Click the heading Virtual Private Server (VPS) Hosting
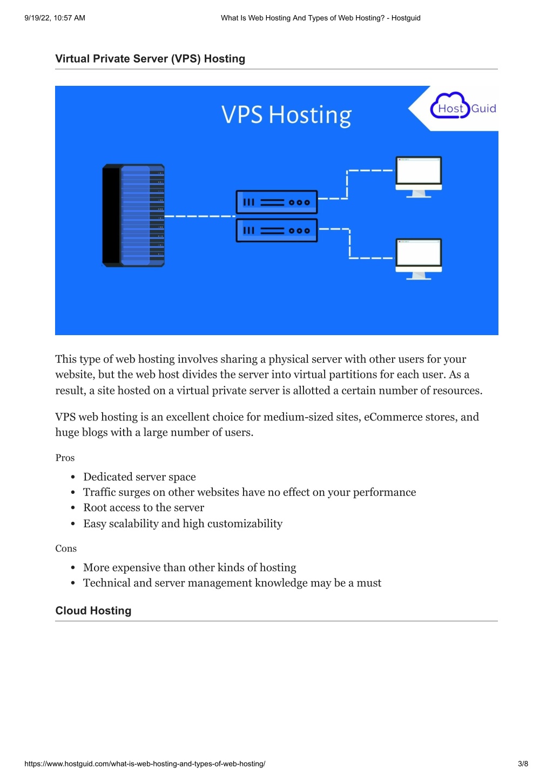click(x=150, y=59)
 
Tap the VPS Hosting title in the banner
click(x=286, y=115)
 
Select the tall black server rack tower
click(x=133, y=215)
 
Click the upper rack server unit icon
click(x=276, y=202)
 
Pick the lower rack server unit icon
click(x=276, y=230)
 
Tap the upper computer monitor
click(x=419, y=177)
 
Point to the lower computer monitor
click(x=419, y=259)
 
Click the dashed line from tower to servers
click(x=200, y=216)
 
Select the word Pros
click(x=65, y=458)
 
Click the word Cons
click(x=66, y=548)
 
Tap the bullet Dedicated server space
click(x=139, y=477)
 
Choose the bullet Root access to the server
click(x=144, y=508)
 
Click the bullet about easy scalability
click(x=183, y=523)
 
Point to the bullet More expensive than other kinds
click(x=190, y=568)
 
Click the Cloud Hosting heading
click(x=93, y=610)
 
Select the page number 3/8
click(x=523, y=764)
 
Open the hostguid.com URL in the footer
click(x=145, y=764)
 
